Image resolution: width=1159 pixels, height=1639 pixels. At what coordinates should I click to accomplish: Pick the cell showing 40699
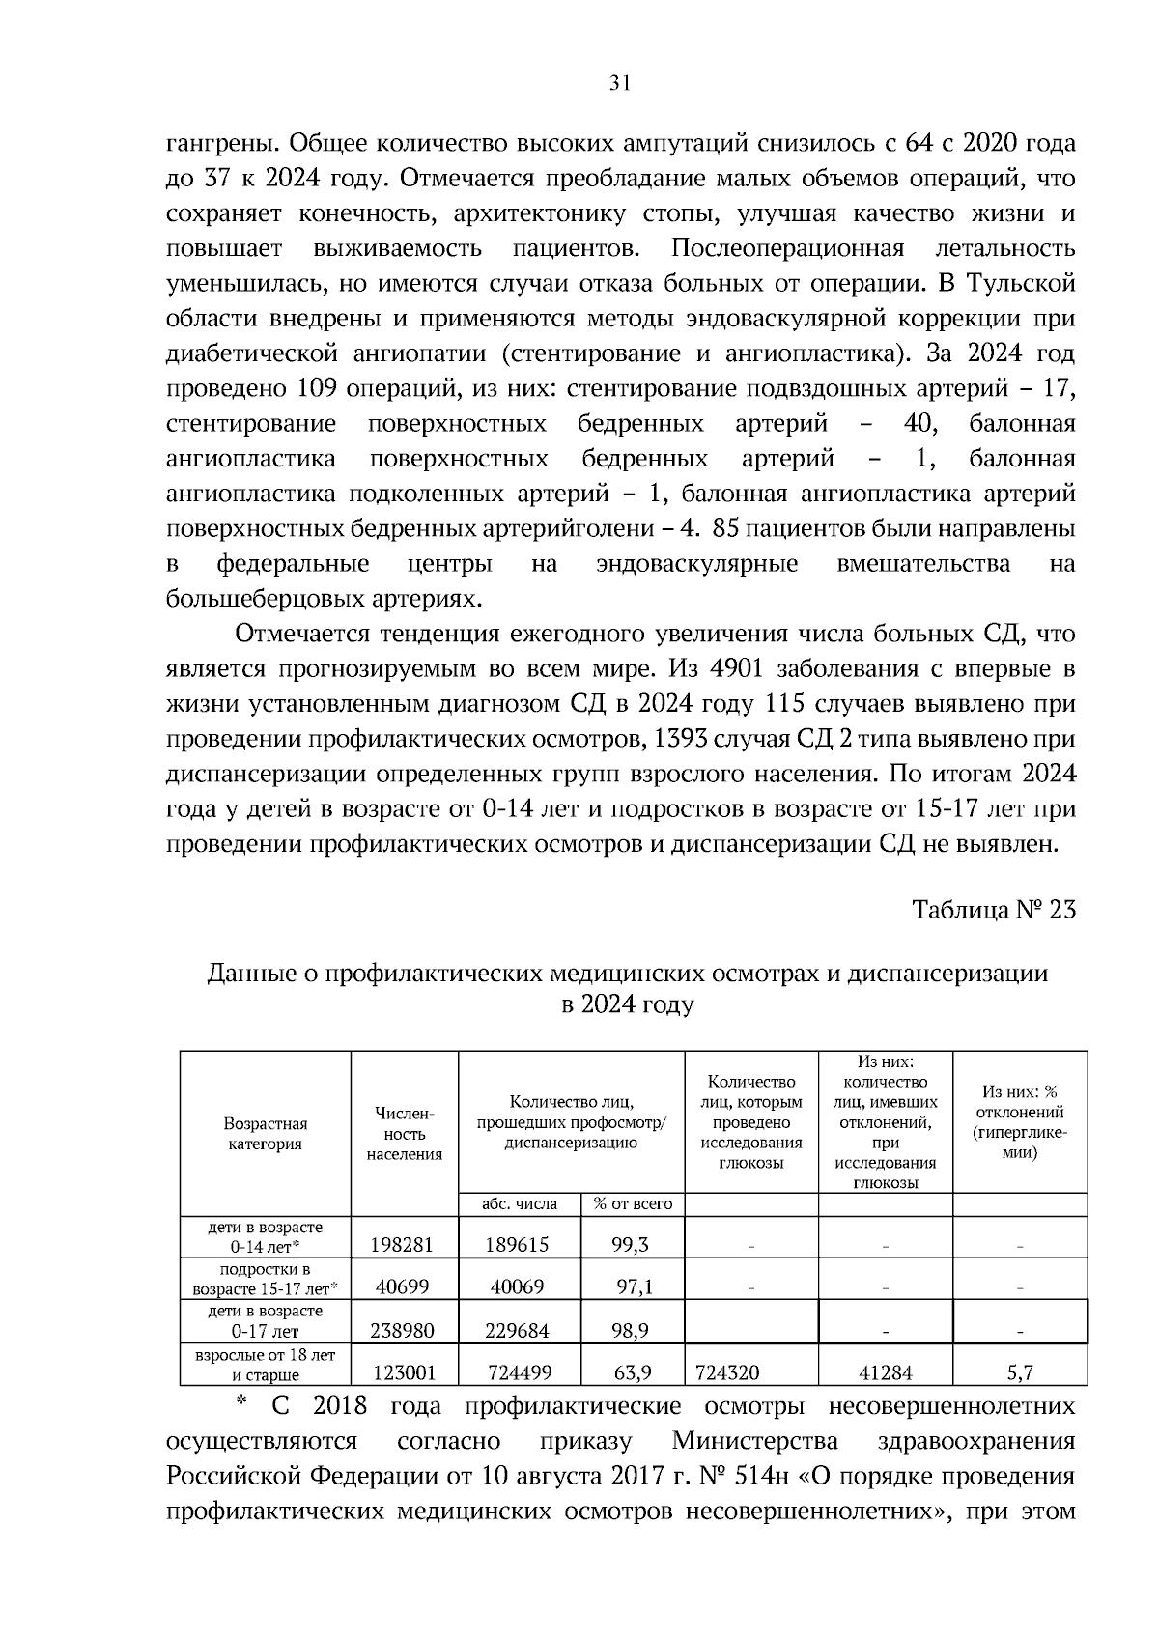403,1286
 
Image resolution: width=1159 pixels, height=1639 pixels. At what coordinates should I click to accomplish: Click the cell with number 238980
403,1331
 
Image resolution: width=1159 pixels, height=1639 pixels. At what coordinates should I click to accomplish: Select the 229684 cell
517,1331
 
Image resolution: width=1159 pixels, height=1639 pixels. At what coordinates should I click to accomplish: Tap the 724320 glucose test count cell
727,1372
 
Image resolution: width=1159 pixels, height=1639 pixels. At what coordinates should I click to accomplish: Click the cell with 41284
885,1372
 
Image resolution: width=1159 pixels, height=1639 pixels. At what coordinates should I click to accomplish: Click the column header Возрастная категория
265,1134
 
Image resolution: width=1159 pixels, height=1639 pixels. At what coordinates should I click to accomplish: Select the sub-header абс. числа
520,1204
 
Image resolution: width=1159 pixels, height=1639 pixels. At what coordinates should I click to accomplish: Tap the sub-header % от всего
633,1204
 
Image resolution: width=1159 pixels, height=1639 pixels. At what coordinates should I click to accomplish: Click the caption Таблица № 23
994,910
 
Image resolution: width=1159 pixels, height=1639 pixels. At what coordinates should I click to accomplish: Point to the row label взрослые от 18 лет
265,1356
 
